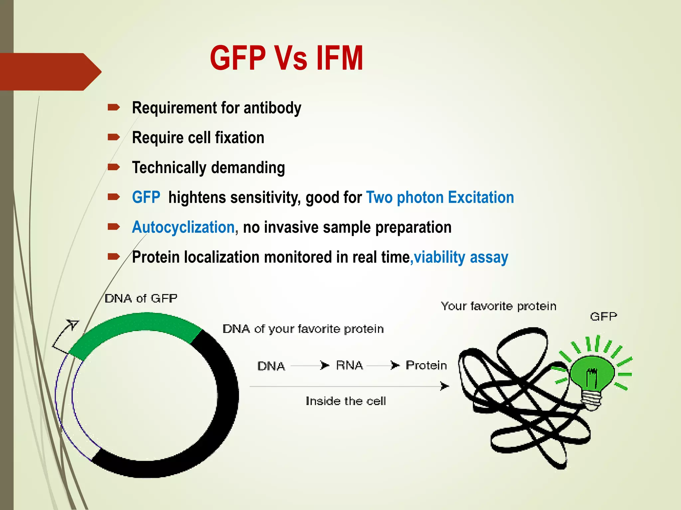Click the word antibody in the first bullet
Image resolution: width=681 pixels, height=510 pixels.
[x=272, y=108]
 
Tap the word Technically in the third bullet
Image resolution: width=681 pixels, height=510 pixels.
[x=169, y=168]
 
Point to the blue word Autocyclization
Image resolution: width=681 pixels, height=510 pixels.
[x=183, y=227]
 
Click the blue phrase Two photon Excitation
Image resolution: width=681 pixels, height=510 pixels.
[x=440, y=198]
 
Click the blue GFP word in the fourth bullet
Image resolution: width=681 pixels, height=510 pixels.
[x=146, y=198]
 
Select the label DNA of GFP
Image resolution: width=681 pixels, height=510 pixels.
[x=141, y=298]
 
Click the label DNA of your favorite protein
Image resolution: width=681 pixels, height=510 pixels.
[x=303, y=329]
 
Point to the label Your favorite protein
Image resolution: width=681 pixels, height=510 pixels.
[x=498, y=306]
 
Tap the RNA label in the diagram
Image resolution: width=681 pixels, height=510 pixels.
[x=349, y=365]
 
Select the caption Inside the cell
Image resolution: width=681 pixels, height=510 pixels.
[x=346, y=401]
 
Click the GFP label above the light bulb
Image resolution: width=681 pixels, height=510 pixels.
[x=604, y=316]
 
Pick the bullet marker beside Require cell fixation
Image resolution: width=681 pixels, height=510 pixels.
[x=113, y=137]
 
